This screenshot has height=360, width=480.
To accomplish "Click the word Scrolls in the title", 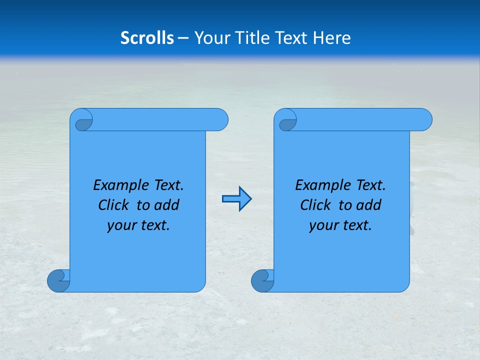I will coord(147,38).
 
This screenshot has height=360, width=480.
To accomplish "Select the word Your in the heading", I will coord(210,38).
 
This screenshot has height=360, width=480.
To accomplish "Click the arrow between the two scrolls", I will coord(236,199).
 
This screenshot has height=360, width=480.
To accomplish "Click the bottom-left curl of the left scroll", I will coord(58,280).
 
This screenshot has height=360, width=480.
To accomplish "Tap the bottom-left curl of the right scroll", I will coord(262,280).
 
